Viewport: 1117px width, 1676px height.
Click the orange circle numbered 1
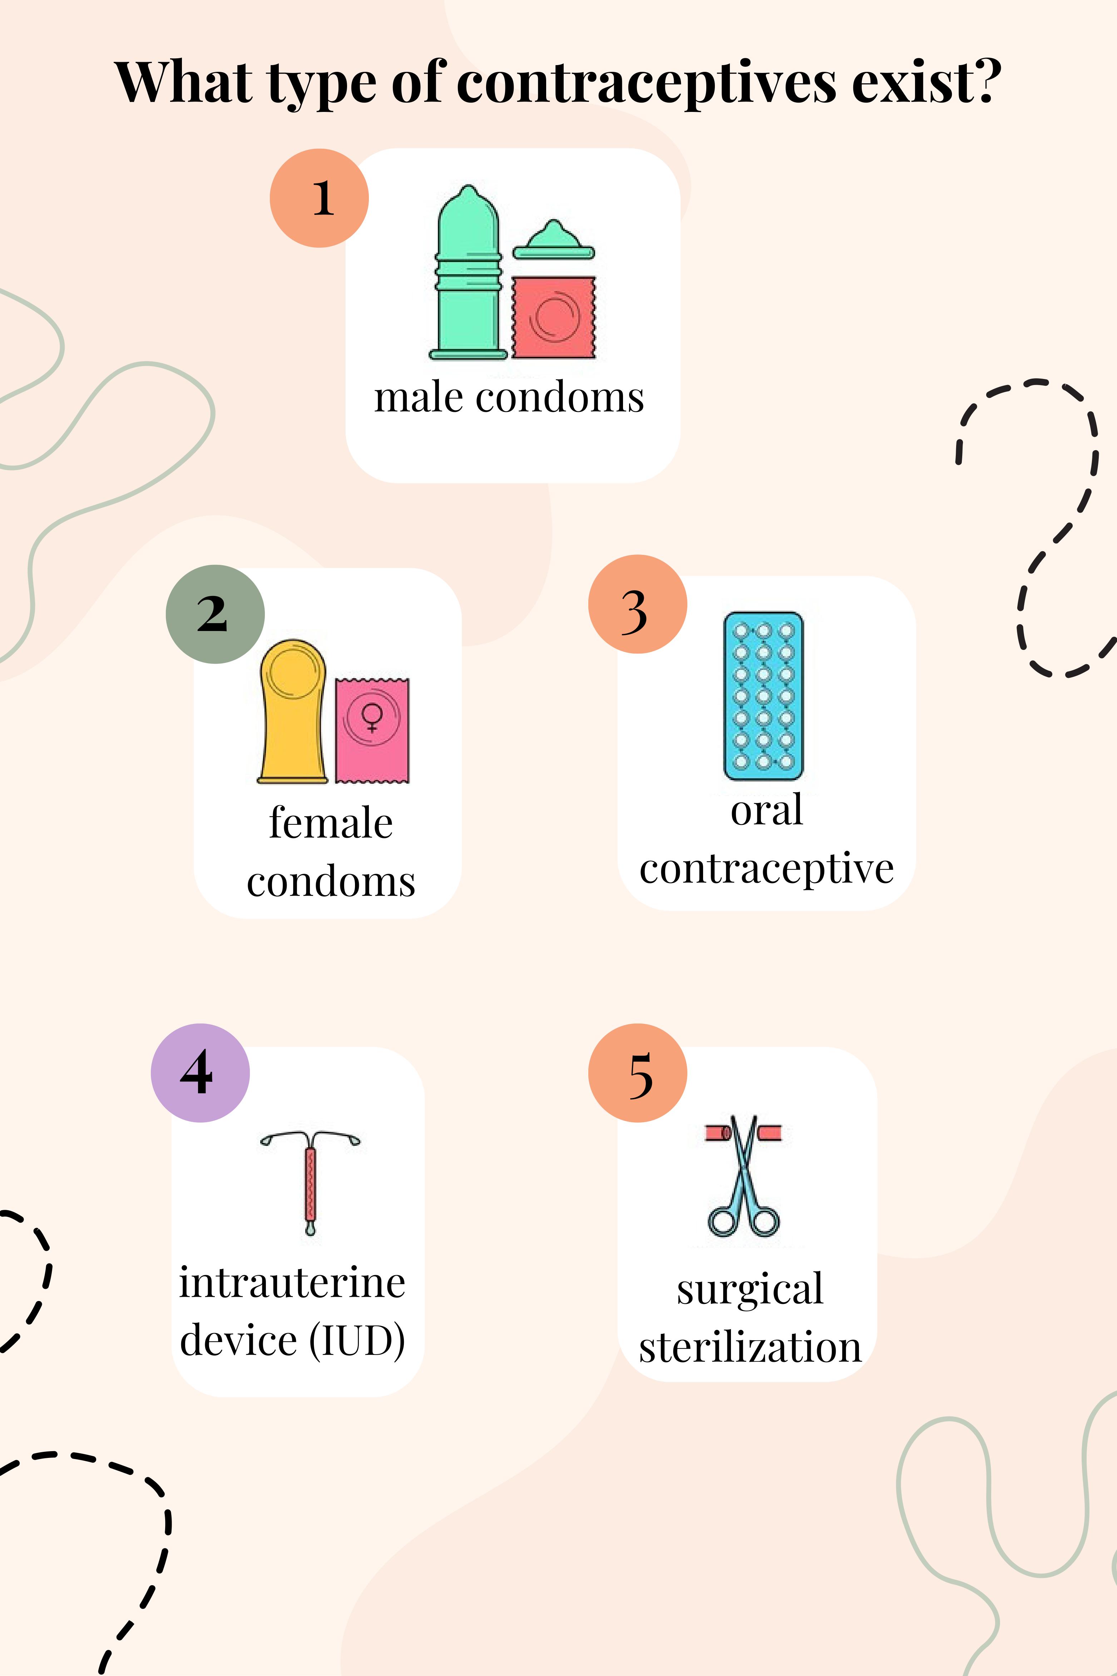pyautogui.click(x=319, y=198)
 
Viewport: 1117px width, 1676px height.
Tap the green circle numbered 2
pyautogui.click(x=215, y=614)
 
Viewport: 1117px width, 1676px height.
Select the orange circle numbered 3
pyautogui.click(x=638, y=604)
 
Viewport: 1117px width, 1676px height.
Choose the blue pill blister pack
pyautogui.click(x=763, y=696)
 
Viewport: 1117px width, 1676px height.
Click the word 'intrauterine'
pyautogui.click(x=292, y=1283)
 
